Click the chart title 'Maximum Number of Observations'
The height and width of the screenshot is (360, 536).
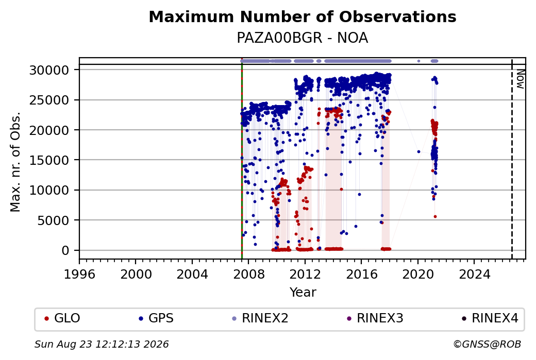(303, 16)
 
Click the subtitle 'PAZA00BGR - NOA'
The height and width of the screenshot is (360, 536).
(303, 38)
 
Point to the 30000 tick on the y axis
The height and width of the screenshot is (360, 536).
(49, 71)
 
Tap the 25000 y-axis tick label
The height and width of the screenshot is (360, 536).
(49, 100)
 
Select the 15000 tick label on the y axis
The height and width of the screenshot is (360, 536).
(49, 160)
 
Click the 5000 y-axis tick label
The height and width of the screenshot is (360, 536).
(53, 220)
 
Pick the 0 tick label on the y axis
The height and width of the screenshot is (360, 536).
(65, 251)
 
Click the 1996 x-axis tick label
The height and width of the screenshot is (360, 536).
(80, 275)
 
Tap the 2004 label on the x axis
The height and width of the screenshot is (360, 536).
(192, 275)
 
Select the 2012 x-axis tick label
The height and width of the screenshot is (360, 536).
(305, 275)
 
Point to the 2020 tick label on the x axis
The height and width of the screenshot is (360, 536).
(418, 275)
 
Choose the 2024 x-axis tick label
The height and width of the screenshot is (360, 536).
(474, 275)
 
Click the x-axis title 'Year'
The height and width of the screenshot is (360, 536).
(303, 293)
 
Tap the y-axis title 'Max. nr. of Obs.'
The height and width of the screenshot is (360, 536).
(15, 162)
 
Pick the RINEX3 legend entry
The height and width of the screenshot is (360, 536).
(375, 318)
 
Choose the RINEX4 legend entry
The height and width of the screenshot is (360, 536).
(490, 318)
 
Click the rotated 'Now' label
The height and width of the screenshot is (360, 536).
(520, 79)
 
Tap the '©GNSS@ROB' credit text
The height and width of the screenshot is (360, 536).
(487, 344)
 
